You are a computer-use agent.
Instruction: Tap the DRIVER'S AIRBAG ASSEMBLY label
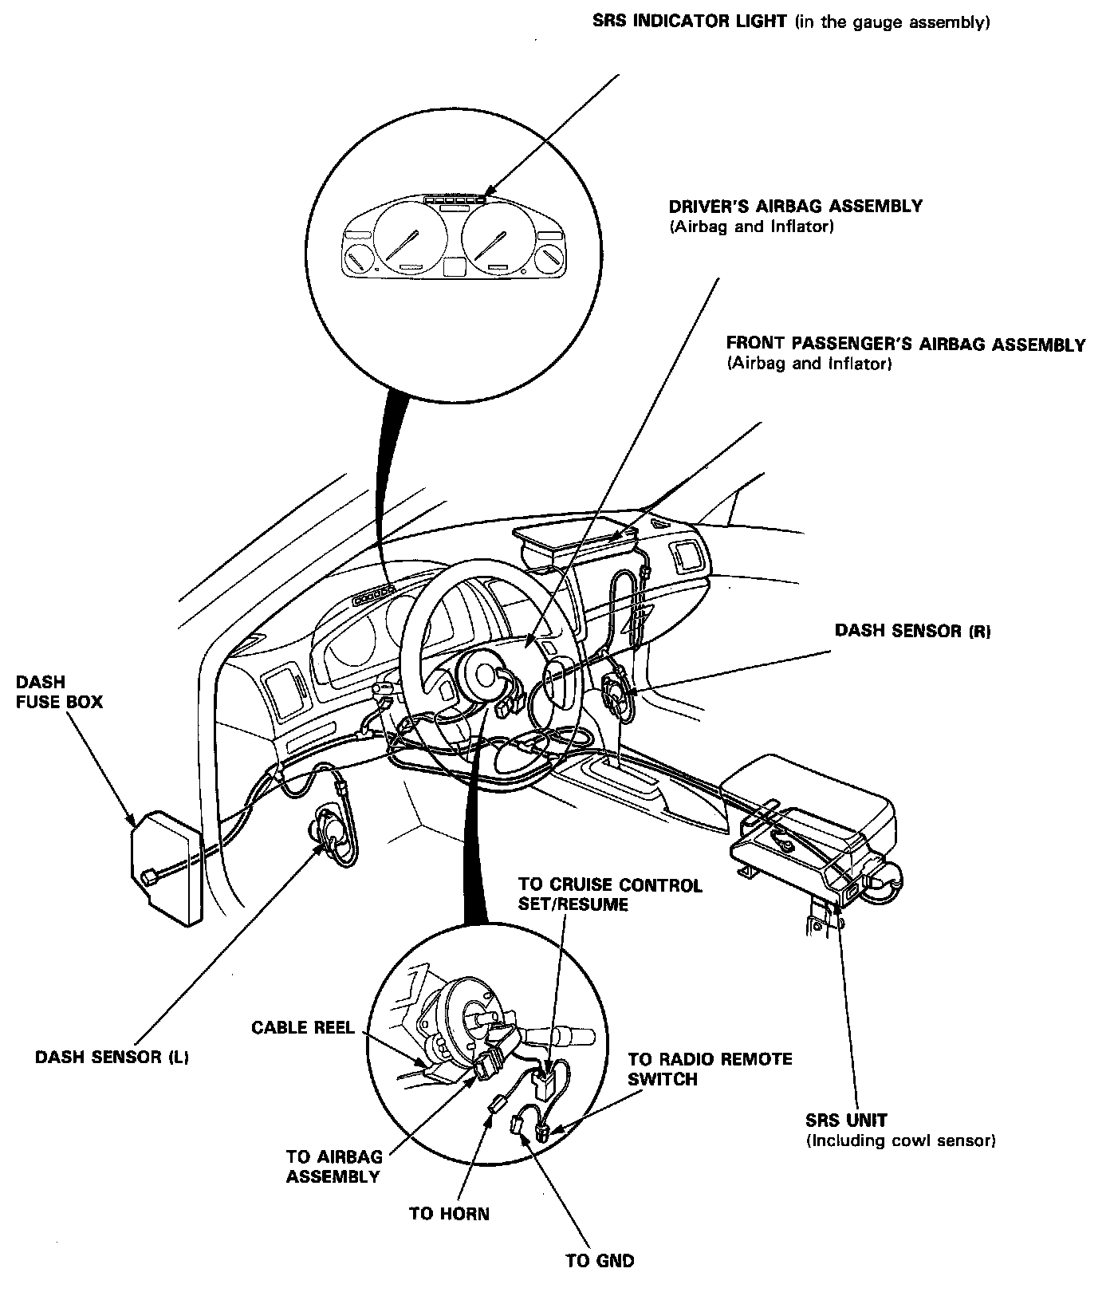click(x=795, y=207)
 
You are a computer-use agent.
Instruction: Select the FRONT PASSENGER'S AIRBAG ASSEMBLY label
click(x=905, y=345)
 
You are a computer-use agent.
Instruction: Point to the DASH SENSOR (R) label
click(x=912, y=631)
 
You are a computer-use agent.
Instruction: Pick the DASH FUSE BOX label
click(x=58, y=692)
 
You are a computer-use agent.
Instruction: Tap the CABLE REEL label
click(x=302, y=1027)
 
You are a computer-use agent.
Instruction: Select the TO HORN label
click(x=449, y=1213)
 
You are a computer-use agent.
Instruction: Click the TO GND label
click(x=600, y=1261)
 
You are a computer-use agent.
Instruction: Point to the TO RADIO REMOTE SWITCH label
click(x=709, y=1069)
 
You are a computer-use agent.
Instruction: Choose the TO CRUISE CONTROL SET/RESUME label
click(x=610, y=894)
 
